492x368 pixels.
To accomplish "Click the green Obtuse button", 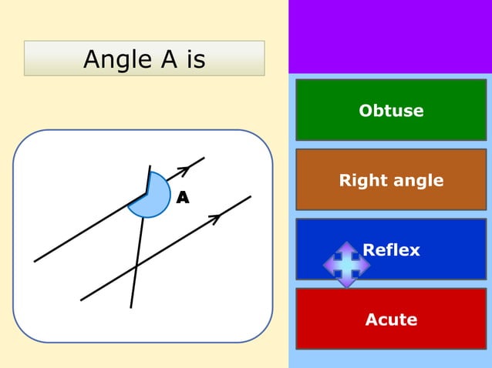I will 391,110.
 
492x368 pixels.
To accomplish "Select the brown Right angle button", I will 391,180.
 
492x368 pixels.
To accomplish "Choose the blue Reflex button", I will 391,249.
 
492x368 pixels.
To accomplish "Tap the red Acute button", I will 391,319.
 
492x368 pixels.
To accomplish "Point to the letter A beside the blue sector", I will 182,199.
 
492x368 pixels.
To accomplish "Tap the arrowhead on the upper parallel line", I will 184,169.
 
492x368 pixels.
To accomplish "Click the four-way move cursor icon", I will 346,264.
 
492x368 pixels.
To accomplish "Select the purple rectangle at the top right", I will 389,36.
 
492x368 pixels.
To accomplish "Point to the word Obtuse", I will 391,110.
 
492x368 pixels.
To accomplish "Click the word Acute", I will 391,319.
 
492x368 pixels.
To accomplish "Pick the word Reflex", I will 391,249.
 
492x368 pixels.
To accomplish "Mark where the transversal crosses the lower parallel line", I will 136,267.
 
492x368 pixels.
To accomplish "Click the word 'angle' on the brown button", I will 417,181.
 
